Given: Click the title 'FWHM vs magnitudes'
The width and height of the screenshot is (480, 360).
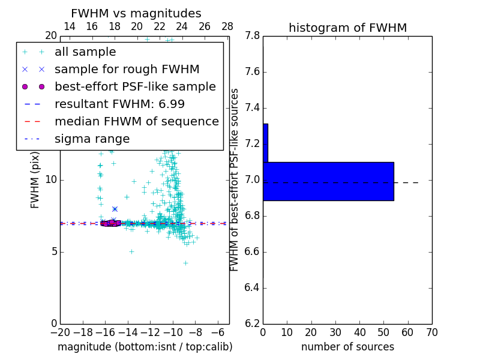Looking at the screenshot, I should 136,14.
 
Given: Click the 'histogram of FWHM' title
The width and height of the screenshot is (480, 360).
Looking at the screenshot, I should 347,28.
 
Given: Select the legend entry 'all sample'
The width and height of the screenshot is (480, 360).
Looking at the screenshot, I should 85,52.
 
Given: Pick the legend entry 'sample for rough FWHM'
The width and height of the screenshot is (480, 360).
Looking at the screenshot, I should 127,70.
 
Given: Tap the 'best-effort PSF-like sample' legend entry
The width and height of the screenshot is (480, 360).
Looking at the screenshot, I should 135,87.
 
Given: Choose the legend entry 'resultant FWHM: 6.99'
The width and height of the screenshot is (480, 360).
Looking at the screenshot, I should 119,104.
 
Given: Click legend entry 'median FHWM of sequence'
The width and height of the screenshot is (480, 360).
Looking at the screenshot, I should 136,122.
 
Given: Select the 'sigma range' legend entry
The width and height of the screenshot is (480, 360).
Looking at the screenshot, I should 92,139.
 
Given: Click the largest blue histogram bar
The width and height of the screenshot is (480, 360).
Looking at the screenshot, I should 328,181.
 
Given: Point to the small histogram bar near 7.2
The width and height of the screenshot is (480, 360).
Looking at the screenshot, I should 265,143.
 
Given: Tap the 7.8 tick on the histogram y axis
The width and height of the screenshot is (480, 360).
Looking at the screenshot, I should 252,36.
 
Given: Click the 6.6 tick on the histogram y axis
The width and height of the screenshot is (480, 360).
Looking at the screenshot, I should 252,251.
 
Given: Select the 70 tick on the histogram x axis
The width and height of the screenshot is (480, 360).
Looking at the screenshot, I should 431,332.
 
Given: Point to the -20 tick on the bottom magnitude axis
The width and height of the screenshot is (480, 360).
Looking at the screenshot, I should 60,332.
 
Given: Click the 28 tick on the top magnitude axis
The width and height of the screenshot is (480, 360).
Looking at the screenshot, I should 227,26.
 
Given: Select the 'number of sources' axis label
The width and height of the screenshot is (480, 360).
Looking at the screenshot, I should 347,347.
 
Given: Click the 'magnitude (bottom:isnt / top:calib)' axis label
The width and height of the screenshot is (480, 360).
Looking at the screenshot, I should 145,347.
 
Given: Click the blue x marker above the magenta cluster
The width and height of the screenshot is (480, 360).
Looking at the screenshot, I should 115,209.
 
